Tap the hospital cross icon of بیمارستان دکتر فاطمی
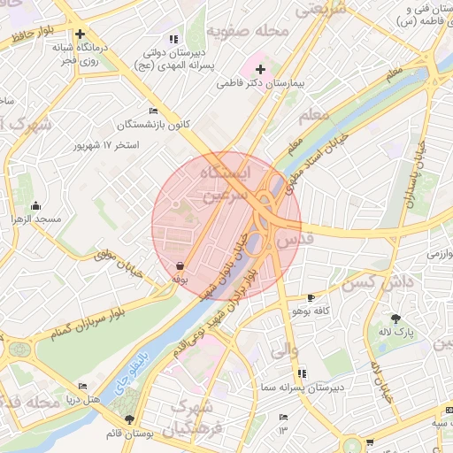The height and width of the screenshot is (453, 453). pyautogui.click(x=261, y=69)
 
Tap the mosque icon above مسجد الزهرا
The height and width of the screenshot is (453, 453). pyautogui.click(x=36, y=205)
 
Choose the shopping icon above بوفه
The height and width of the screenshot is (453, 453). pyautogui.click(x=180, y=265)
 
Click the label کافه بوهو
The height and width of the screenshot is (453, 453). pyautogui.click(x=311, y=311)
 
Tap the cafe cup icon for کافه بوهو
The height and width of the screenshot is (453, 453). pyautogui.click(x=311, y=297)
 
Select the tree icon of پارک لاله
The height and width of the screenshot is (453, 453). pyautogui.click(x=395, y=319)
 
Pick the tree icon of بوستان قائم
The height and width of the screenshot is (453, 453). pyautogui.click(x=131, y=420)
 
